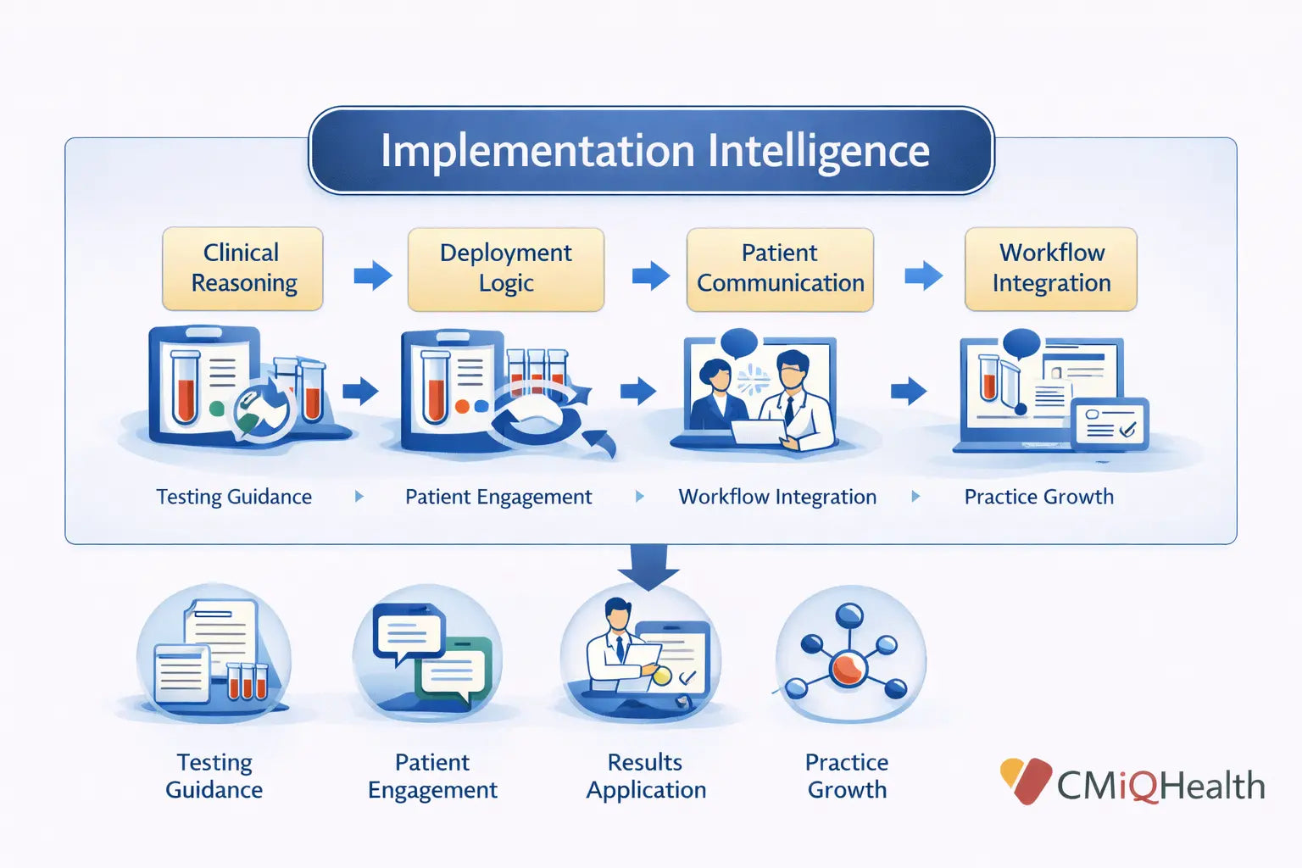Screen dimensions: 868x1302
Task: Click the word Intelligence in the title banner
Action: click(x=818, y=151)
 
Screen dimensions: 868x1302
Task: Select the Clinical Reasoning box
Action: click(x=242, y=268)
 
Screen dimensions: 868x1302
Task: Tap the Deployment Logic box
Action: click(x=505, y=268)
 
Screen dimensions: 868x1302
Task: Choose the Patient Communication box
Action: click(x=780, y=268)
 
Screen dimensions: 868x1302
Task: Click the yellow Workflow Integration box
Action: click(x=1051, y=268)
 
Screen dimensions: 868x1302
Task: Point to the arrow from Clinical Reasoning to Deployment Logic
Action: click(x=373, y=275)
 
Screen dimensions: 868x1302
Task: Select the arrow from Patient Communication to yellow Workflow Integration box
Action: click(x=923, y=275)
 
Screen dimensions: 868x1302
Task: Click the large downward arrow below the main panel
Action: click(x=648, y=565)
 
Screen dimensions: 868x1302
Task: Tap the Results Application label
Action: click(x=646, y=776)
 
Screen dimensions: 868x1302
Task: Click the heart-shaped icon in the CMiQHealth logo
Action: click(x=1025, y=779)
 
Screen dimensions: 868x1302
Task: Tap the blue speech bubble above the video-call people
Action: click(x=739, y=342)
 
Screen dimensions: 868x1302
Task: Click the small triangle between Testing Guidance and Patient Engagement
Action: click(x=359, y=497)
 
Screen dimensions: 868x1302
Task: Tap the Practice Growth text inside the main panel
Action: click(x=1038, y=497)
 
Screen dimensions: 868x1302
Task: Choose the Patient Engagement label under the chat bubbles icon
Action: click(x=432, y=776)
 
